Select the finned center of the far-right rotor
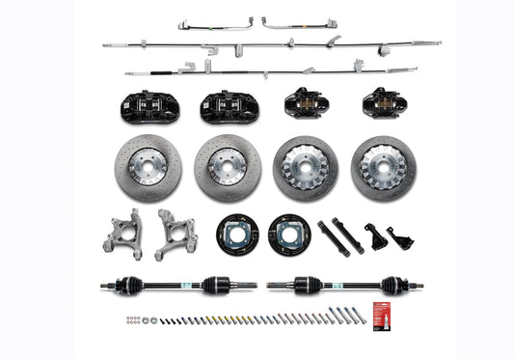(x=383, y=165)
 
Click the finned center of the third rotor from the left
(x=305, y=165)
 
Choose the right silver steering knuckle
(x=176, y=236)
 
